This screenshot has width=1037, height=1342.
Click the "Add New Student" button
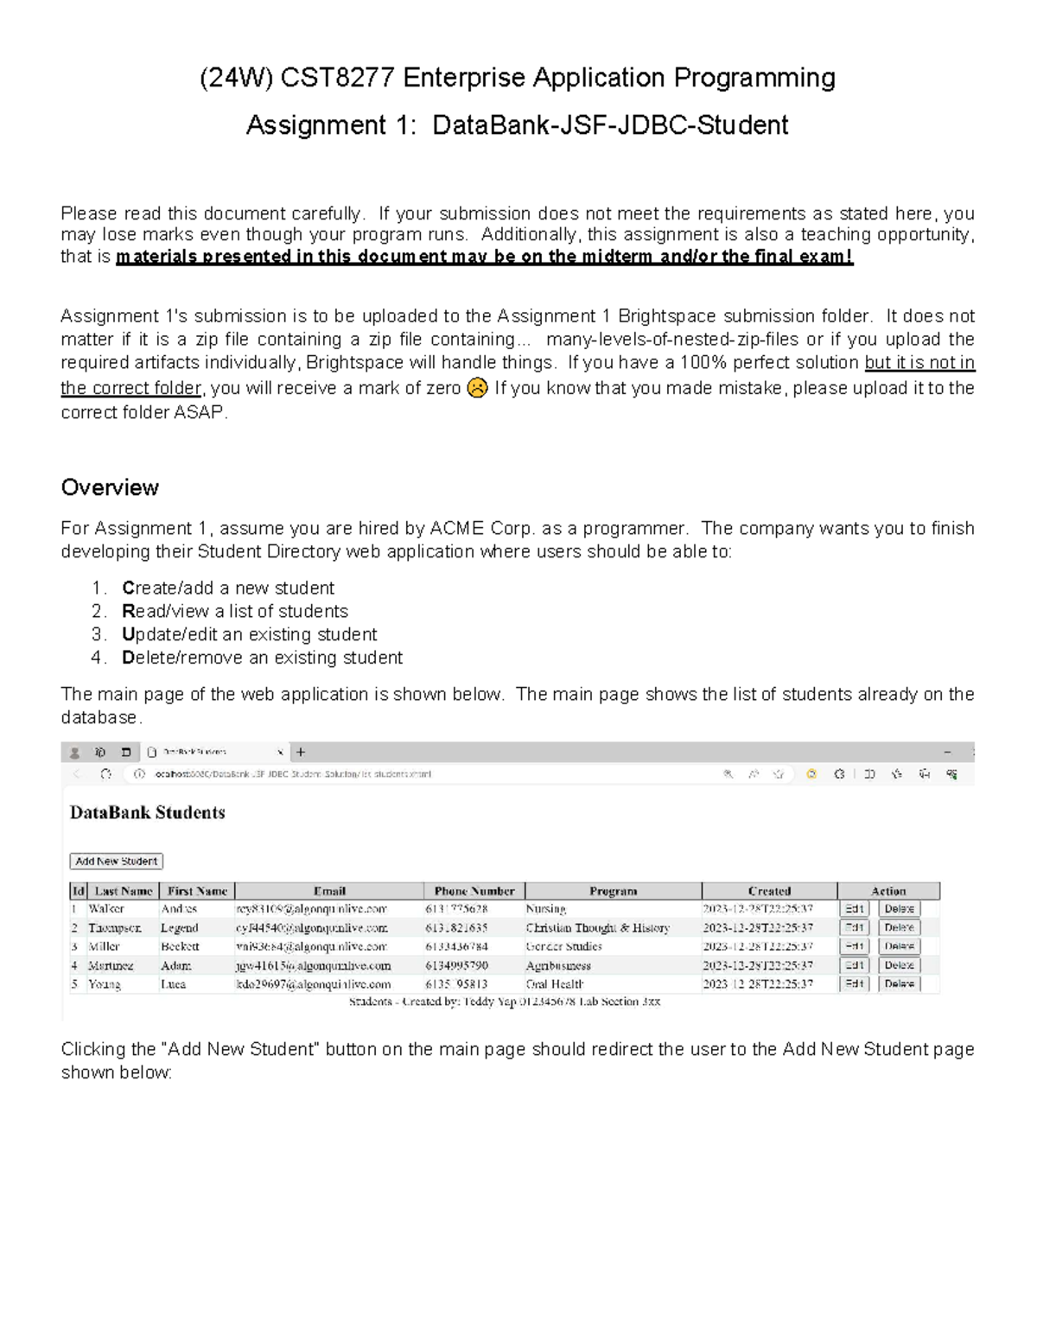pos(116,861)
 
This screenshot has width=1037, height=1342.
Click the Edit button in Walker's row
pos(854,908)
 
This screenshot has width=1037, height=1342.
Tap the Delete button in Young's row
pos(899,983)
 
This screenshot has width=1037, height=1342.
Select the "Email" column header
pos(329,891)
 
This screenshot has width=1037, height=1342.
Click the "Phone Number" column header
pos(474,891)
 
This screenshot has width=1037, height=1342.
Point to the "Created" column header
pos(769,891)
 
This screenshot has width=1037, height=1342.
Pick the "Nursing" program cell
pos(546,909)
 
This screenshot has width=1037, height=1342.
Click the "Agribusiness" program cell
pos(558,965)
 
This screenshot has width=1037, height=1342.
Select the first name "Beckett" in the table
pos(180,946)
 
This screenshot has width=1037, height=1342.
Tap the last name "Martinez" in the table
pos(111,965)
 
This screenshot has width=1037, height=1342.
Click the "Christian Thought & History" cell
pos(597,928)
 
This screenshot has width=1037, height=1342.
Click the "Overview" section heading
pos(110,487)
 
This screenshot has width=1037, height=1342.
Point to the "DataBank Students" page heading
pos(147,812)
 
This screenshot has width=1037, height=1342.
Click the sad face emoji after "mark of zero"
pos(477,388)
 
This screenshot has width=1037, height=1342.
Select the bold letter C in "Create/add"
pos(128,588)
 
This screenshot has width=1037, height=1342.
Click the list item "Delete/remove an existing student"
pos(262,658)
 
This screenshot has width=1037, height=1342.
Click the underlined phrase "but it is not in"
pos(919,363)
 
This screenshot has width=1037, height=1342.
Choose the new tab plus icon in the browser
pos(301,752)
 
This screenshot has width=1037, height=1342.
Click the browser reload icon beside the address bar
pos(105,774)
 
